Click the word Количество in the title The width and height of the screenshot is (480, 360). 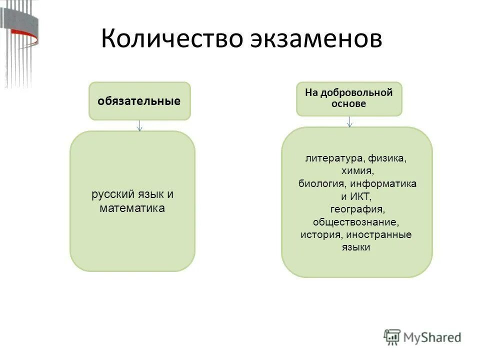click(x=168, y=39)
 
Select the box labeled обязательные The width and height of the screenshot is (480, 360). click(x=139, y=101)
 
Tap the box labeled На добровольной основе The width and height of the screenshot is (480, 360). click(x=349, y=99)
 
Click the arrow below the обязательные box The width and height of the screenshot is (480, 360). click(x=140, y=125)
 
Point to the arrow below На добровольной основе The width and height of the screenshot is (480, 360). click(x=349, y=121)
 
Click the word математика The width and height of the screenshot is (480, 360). click(x=132, y=207)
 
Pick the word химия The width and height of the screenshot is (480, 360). click(x=356, y=171)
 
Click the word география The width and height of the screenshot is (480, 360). click(x=356, y=208)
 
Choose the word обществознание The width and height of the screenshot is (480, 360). click(x=356, y=221)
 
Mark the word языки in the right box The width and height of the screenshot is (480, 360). click(x=356, y=246)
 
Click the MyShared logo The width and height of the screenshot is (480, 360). click(x=422, y=336)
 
